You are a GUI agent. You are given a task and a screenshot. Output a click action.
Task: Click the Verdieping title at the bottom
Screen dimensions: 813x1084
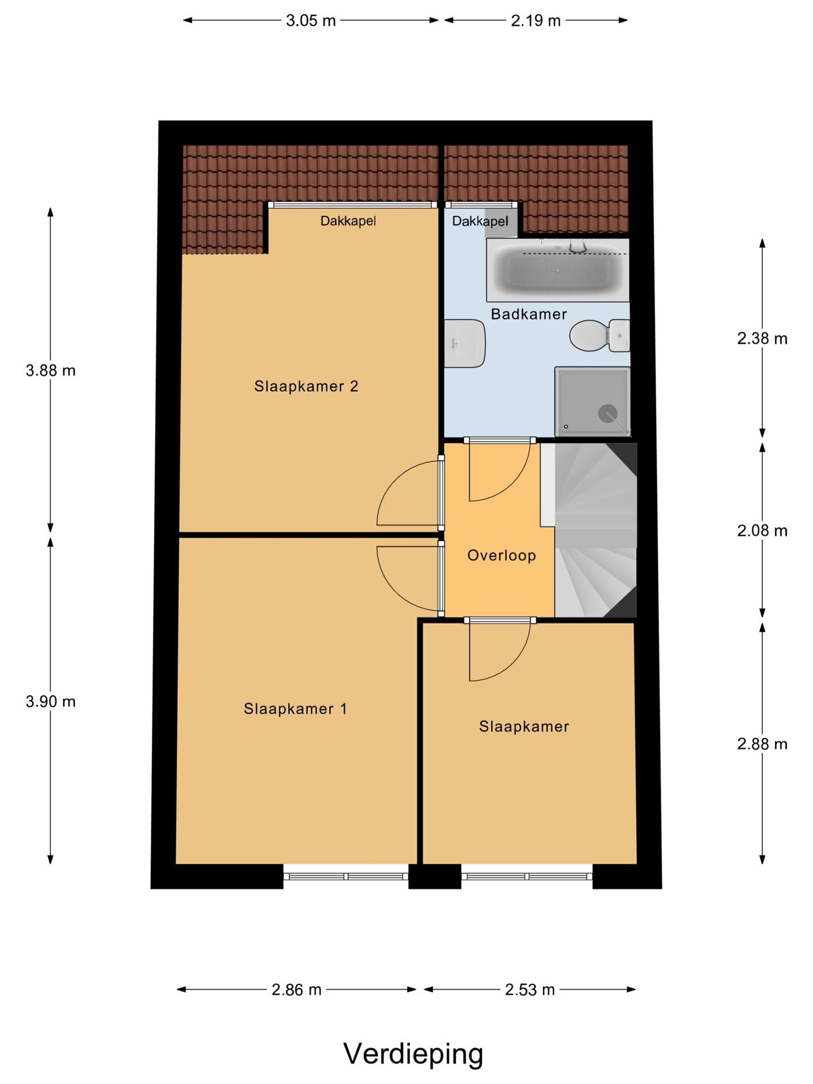coord(413,1054)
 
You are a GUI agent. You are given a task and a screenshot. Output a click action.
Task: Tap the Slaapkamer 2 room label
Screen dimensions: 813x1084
coord(306,386)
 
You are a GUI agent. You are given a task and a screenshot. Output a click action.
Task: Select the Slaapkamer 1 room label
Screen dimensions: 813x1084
coord(295,709)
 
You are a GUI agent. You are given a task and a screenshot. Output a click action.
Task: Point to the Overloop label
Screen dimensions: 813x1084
coord(501,556)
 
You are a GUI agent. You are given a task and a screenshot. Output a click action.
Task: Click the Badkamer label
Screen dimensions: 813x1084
coord(528,314)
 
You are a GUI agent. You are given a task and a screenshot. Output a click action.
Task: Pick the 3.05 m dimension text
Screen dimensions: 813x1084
coord(311,21)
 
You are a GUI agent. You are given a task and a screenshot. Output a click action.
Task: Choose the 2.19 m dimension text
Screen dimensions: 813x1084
coord(536,21)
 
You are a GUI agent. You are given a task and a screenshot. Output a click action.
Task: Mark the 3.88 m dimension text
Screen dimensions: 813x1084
coord(51,370)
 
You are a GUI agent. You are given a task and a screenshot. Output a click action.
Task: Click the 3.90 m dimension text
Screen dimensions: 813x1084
coord(51,701)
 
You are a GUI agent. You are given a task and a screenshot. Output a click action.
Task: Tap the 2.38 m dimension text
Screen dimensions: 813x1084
coord(762,338)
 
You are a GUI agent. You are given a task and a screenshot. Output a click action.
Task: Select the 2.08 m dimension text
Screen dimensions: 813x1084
coord(762,530)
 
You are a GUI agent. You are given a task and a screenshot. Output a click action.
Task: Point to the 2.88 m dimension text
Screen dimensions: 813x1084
coord(762,744)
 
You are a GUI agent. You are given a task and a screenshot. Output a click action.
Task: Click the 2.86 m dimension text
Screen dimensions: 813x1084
coord(296,990)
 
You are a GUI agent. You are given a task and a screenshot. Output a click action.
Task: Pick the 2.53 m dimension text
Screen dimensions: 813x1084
coord(530,990)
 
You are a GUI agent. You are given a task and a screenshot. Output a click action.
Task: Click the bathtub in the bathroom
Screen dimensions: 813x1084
coord(558,270)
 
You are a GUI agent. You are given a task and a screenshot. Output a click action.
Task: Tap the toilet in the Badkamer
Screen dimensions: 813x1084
coord(600,335)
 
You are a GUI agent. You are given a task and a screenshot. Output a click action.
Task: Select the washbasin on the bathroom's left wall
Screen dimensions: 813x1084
coord(464,343)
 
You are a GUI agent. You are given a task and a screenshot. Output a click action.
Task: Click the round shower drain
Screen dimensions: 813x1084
coord(607,413)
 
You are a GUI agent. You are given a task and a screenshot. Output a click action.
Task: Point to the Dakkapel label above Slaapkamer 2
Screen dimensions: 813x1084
coord(348,221)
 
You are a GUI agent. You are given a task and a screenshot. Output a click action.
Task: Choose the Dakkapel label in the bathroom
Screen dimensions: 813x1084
coord(480,221)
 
